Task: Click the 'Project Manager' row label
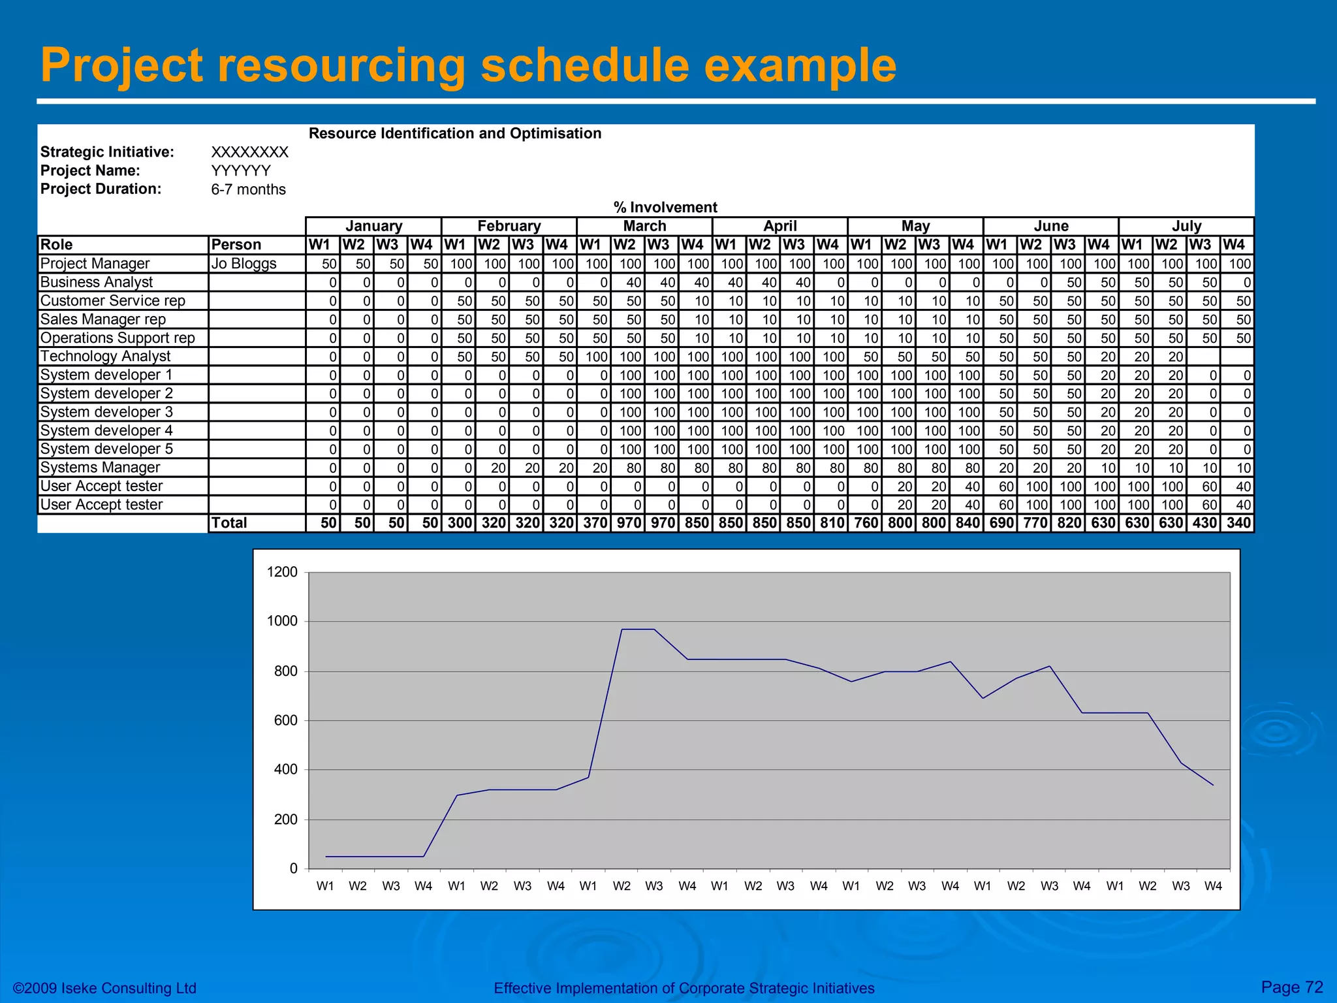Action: pyautogui.click(x=95, y=263)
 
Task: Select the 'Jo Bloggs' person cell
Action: pyautogui.click(x=244, y=263)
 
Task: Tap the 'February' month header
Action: pyautogui.click(x=509, y=226)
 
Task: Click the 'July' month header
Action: pyautogui.click(x=1186, y=226)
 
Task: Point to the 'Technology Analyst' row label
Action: pyautogui.click(x=105, y=356)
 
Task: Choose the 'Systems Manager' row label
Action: pyautogui.click(x=100, y=468)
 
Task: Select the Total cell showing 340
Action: pyautogui.click(x=1238, y=523)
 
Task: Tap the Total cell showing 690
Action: pyautogui.click(x=1001, y=523)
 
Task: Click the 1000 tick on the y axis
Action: pyautogui.click(x=282, y=621)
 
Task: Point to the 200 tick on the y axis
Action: pyautogui.click(x=285, y=820)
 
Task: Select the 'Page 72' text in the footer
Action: pyautogui.click(x=1292, y=987)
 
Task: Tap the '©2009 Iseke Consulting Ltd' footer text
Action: pyautogui.click(x=105, y=988)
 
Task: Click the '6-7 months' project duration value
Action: pyautogui.click(x=248, y=189)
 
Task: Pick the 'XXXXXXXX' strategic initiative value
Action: pyautogui.click(x=249, y=152)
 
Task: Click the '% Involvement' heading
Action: pyautogui.click(x=665, y=207)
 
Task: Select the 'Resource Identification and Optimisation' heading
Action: pyautogui.click(x=454, y=133)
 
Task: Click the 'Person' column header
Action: pyautogui.click(x=236, y=245)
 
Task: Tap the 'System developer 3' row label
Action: pyautogui.click(x=106, y=412)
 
